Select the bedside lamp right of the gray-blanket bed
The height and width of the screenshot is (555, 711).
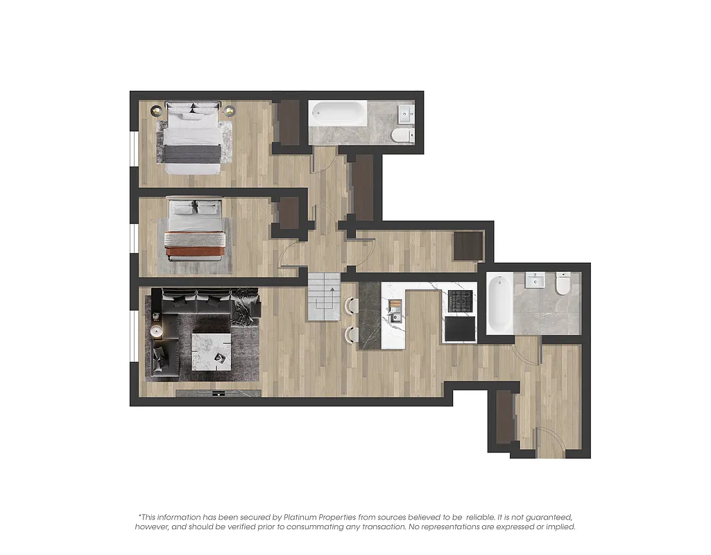click(229, 109)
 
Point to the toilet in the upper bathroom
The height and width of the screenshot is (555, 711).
click(401, 135)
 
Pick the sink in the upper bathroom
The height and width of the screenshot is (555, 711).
click(404, 113)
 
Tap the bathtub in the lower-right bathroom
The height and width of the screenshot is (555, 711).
click(499, 302)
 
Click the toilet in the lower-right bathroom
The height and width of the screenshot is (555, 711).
click(563, 282)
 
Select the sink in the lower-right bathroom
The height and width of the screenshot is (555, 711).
click(535, 280)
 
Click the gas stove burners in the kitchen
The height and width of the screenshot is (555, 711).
click(461, 301)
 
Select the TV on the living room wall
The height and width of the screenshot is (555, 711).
click(219, 393)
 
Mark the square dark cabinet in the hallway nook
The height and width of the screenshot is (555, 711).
click(468, 246)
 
